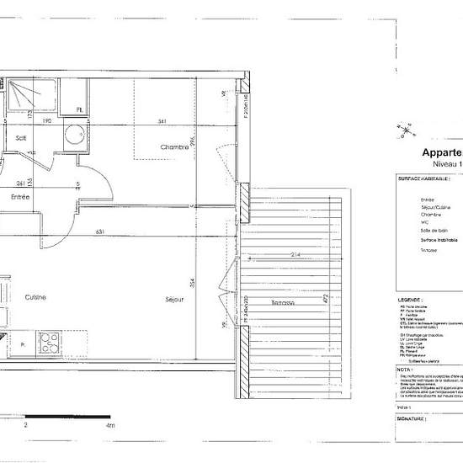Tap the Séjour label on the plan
point(174,297)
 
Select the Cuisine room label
point(35,297)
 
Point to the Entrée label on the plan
point(20,197)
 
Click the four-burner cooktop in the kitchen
point(49,343)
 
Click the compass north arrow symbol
point(407,129)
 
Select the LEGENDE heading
point(410,299)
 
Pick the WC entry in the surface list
point(426,225)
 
